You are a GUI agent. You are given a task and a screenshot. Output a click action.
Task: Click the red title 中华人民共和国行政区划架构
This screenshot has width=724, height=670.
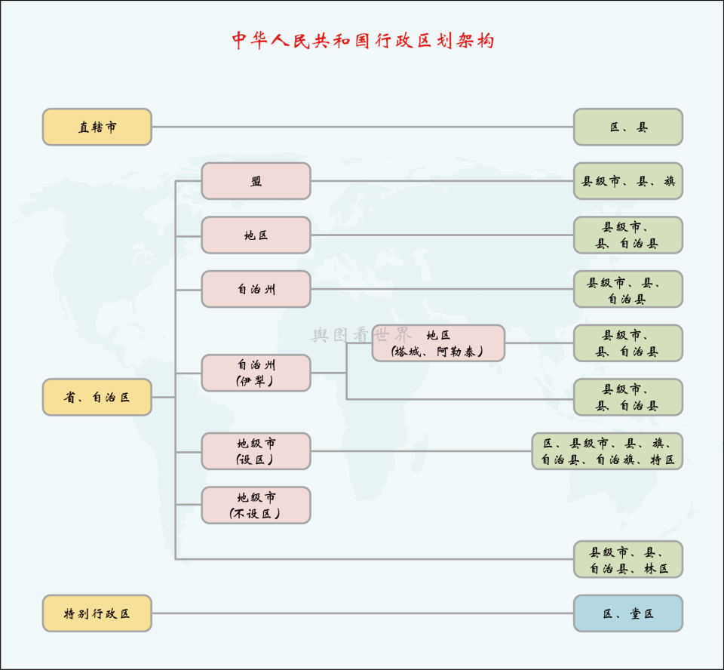(362, 41)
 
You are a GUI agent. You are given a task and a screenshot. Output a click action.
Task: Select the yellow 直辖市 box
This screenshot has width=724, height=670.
(97, 127)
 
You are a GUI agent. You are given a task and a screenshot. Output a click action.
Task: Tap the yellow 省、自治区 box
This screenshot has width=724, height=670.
(97, 397)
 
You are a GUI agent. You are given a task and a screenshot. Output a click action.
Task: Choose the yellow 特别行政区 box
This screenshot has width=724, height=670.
(97, 613)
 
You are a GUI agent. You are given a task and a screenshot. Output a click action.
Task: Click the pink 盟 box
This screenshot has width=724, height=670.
(256, 181)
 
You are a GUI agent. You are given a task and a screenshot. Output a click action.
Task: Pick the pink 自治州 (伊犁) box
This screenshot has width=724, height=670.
(256, 373)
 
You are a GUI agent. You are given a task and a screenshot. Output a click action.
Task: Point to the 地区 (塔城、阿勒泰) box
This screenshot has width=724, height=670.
(438, 343)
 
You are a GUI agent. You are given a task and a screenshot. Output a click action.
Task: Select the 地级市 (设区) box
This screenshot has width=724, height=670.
(256, 451)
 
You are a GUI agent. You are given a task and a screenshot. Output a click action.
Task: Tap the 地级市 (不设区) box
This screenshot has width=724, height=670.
(256, 506)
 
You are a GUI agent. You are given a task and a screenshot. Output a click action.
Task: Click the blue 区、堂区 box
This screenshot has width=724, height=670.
(627, 613)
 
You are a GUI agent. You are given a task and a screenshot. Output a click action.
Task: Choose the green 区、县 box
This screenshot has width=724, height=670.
(627, 127)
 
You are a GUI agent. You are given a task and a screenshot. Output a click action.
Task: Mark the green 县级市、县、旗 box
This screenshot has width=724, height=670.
(627, 181)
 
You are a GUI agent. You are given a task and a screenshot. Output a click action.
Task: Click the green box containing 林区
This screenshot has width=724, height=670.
(627, 560)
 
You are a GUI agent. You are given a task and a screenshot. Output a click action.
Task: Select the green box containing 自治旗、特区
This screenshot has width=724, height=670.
(607, 451)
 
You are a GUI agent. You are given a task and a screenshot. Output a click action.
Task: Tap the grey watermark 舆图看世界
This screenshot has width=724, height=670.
(360, 334)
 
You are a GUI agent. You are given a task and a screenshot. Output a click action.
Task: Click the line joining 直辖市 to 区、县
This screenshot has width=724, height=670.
(362, 127)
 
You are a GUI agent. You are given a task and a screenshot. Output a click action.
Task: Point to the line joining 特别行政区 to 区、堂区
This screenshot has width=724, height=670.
(362, 613)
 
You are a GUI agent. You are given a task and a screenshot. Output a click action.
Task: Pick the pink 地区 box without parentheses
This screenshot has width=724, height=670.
(256, 235)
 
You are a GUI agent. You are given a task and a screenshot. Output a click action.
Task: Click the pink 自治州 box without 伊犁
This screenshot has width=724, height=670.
(256, 289)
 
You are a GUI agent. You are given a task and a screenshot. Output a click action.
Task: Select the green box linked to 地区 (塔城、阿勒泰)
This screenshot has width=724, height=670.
(627, 343)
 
